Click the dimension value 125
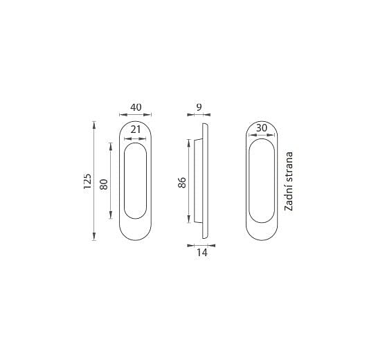88,181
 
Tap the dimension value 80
104,184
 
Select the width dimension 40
136,107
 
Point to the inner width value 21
136,129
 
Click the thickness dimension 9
199,107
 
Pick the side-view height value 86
182,182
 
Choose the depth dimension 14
202,253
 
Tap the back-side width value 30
261,128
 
